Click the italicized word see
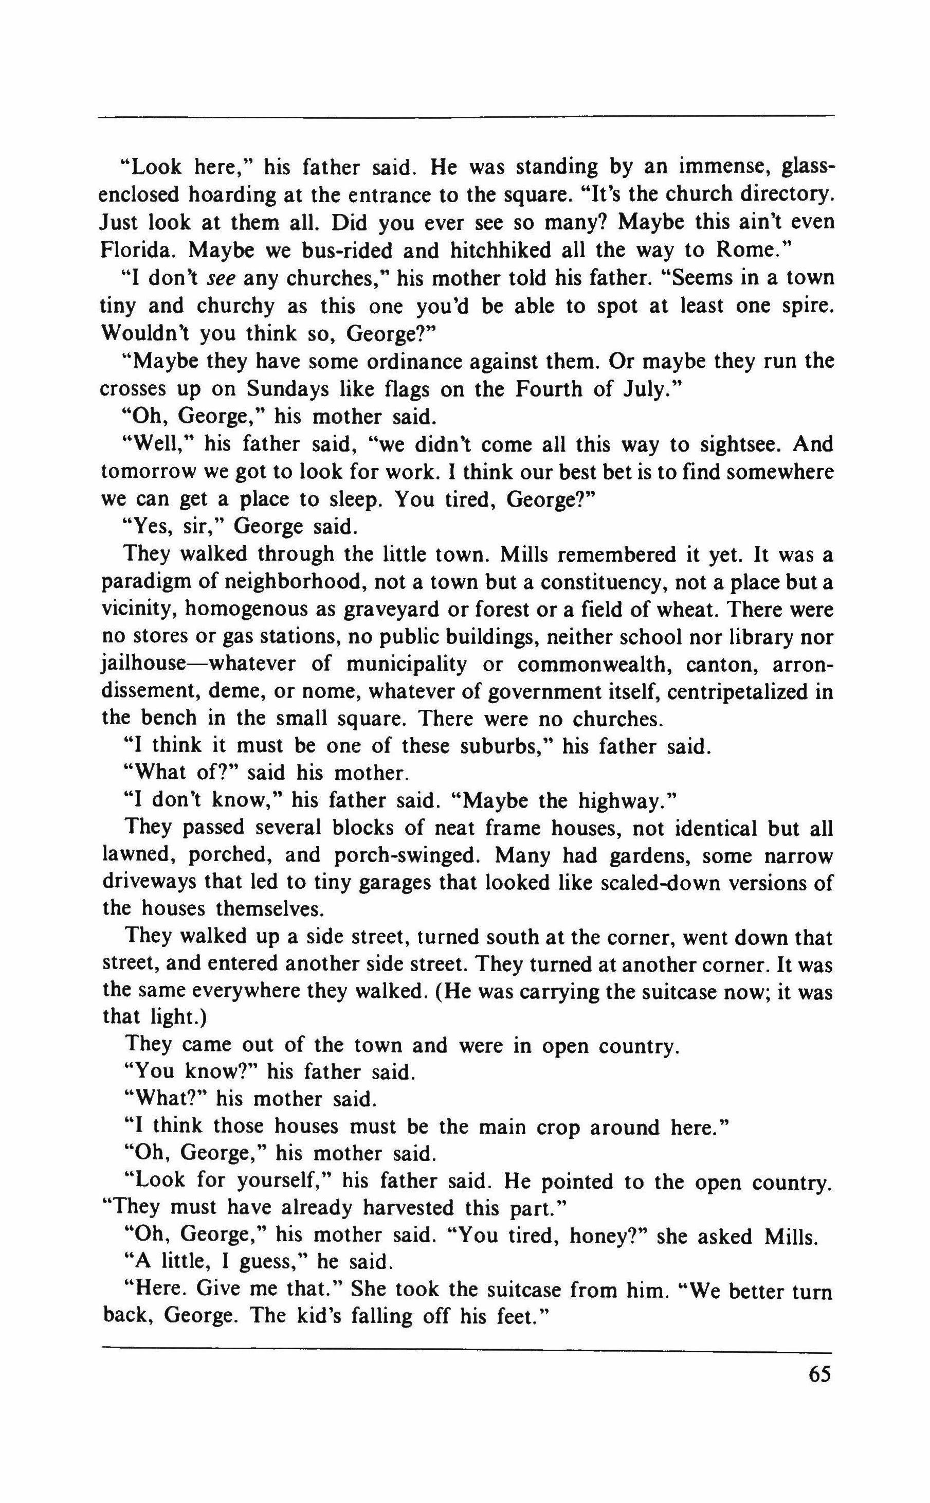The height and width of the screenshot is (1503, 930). pyautogui.click(x=220, y=279)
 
